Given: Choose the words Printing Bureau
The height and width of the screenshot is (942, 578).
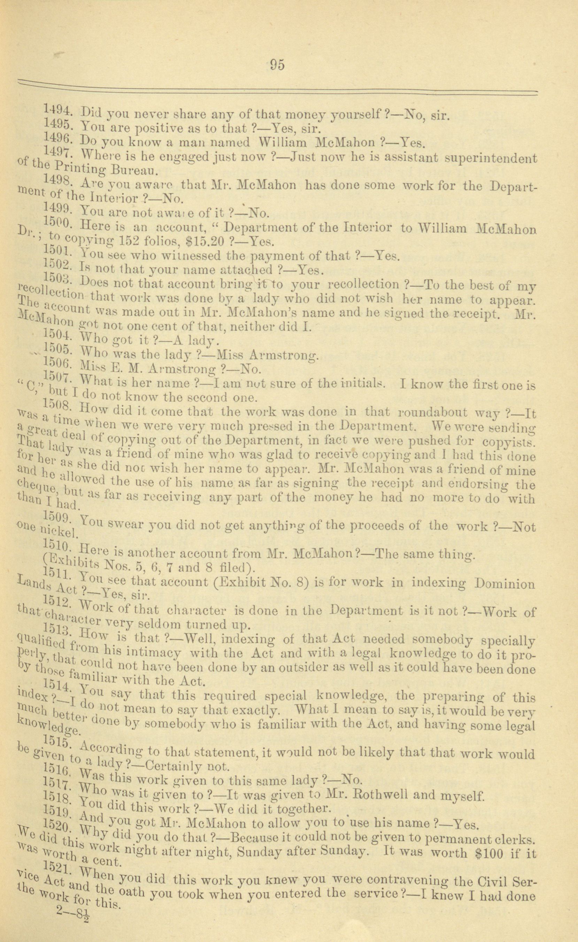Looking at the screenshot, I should (x=103, y=169).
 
